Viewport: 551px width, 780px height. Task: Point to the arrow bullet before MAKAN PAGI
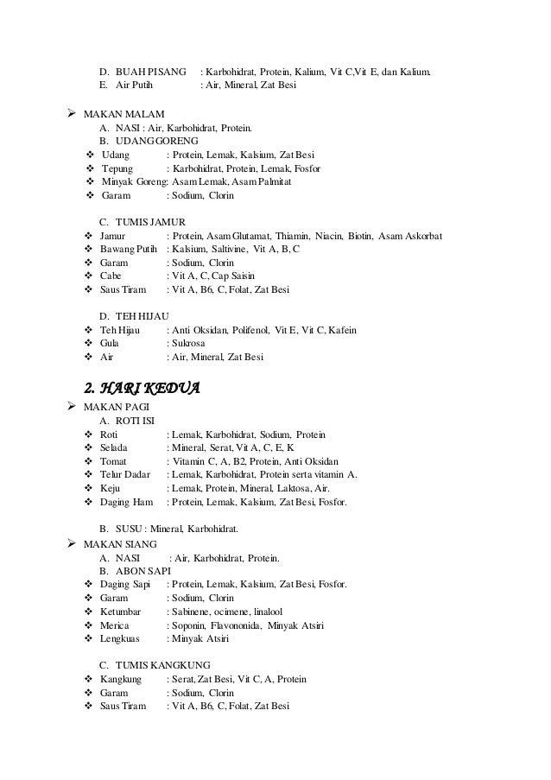click(72, 406)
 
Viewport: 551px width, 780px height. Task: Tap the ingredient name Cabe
click(112, 276)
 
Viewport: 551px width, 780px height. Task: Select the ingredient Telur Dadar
click(125, 474)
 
